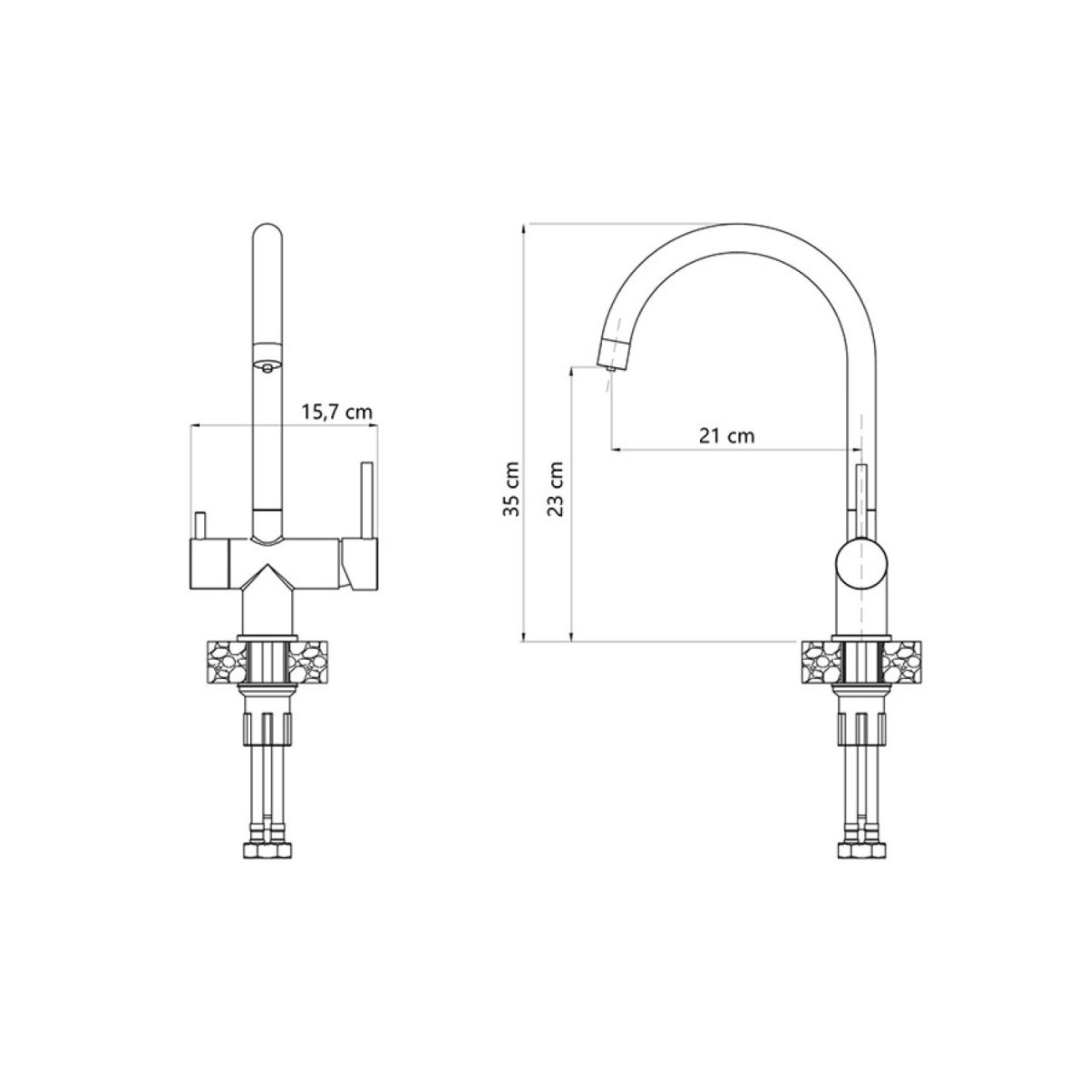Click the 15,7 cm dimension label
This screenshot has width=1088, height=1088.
(336, 413)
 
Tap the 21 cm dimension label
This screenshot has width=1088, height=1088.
(726, 436)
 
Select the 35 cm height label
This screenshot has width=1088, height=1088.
(511, 489)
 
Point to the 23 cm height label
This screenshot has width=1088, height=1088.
(556, 489)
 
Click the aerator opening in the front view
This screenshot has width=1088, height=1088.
(267, 367)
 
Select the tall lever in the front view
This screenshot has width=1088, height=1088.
(366, 500)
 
